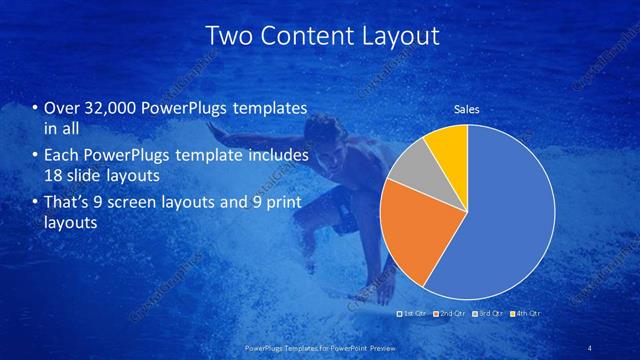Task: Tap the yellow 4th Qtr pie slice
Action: coord(448,145)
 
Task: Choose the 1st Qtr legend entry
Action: coord(413,315)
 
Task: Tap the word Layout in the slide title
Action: coord(400,36)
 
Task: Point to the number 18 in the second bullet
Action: coord(54,176)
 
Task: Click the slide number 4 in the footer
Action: coord(591,347)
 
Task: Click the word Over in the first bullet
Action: coord(61,109)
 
